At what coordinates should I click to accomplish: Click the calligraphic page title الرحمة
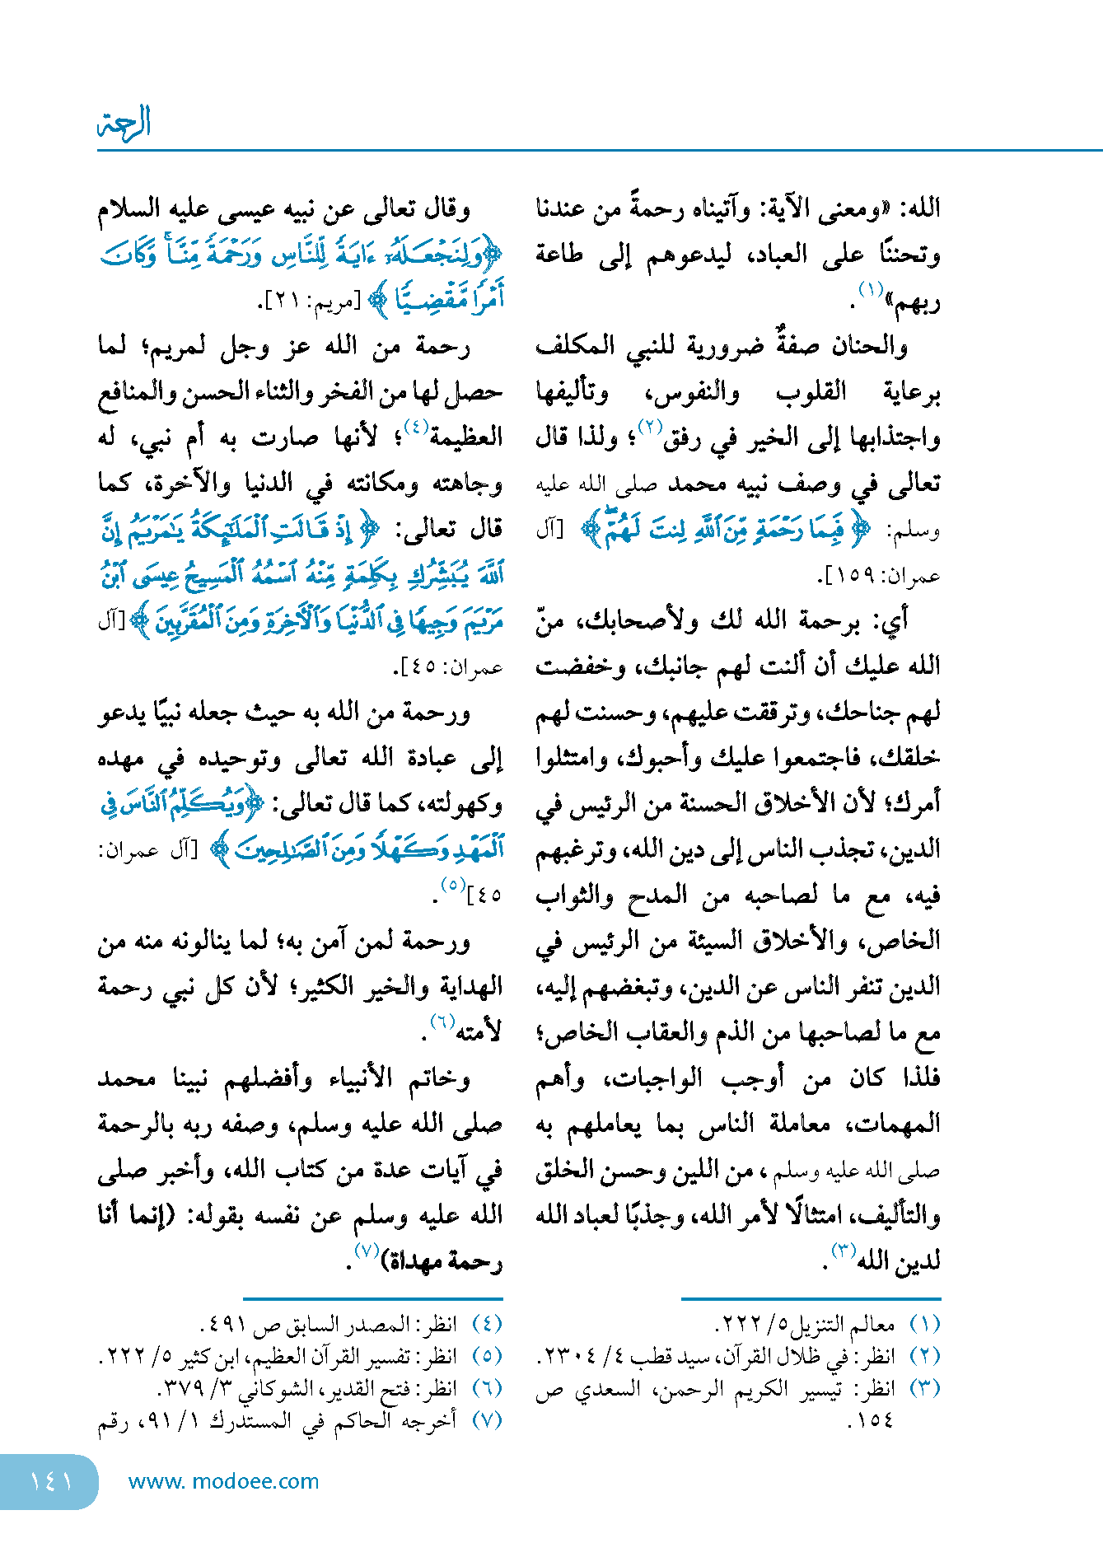(x=124, y=123)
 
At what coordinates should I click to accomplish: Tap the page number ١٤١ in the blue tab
(x=50, y=1481)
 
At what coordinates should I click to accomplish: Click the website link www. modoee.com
(x=223, y=1481)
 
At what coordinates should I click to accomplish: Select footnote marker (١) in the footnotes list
(x=924, y=1325)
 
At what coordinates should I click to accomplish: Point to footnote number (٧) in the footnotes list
(x=487, y=1420)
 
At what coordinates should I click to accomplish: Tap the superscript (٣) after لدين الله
(x=843, y=1250)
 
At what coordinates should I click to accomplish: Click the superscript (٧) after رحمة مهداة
(x=365, y=1250)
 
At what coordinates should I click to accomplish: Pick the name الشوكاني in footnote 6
(x=284, y=1389)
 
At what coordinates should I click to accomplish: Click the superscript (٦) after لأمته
(x=442, y=1022)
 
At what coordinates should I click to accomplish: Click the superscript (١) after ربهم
(x=871, y=290)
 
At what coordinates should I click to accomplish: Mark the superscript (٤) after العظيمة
(x=415, y=426)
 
